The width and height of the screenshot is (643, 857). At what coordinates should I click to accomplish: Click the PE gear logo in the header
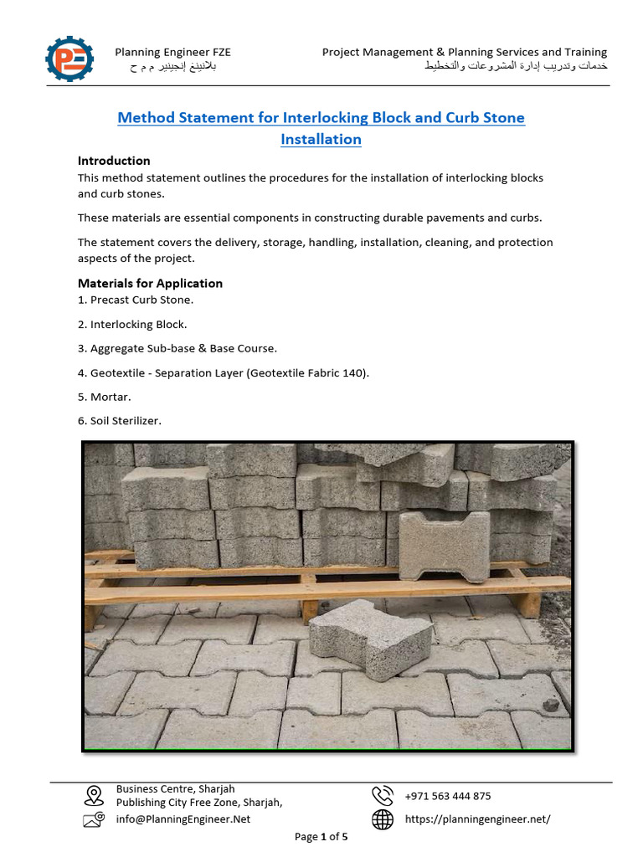70,59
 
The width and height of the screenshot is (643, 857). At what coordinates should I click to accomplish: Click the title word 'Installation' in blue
321,139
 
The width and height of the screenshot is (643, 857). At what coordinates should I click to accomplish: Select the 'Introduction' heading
114,161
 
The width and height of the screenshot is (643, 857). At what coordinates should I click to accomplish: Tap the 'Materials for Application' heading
150,283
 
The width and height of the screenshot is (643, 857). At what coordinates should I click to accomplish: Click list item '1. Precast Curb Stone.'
136,300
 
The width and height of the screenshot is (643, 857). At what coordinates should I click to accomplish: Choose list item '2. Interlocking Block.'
132,324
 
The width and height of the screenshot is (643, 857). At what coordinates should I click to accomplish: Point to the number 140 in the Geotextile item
355,372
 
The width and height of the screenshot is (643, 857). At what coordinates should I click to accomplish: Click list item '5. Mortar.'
105,397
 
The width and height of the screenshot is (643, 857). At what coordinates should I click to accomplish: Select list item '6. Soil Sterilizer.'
120,421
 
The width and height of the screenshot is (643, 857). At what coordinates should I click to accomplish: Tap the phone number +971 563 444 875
448,796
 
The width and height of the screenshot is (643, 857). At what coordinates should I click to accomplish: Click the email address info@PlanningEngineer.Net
183,819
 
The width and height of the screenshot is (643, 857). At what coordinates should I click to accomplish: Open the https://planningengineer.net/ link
477,819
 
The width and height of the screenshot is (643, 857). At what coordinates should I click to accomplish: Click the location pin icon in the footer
94,795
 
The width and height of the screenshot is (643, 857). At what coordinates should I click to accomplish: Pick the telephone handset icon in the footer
383,795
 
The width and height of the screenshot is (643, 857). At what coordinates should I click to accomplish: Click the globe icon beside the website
383,819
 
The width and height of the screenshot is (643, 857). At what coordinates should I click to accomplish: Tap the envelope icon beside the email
94,820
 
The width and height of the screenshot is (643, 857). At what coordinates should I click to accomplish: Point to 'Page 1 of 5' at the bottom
321,836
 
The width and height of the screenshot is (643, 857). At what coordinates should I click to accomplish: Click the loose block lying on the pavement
369,639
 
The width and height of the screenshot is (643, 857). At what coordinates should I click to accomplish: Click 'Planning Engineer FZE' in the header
172,52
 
